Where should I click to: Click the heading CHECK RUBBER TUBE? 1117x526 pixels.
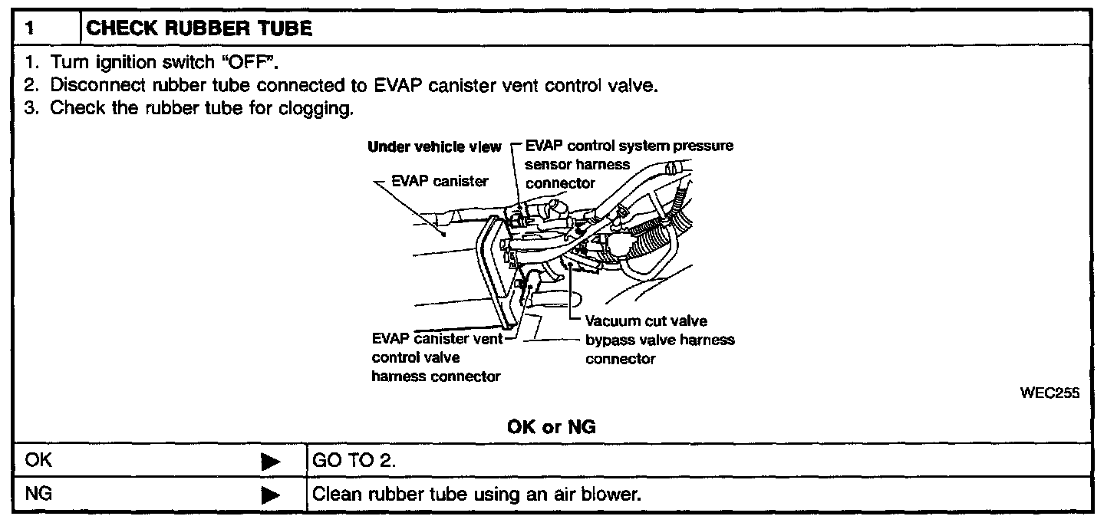coord(199,29)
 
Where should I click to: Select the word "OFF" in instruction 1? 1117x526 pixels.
coord(242,62)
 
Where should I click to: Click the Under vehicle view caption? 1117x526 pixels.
coord(434,146)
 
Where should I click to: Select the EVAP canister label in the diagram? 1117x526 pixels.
coord(440,182)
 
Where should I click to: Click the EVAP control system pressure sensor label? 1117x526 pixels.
coord(629,164)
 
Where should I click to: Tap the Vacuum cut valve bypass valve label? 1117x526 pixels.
coord(660,340)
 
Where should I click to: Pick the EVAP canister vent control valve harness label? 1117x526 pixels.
coord(437,357)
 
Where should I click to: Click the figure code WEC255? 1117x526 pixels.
coord(1049,393)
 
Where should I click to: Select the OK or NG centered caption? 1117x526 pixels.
coord(551,427)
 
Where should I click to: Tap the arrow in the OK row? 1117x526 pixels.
coord(271,462)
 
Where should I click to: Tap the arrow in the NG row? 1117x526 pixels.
coord(271,495)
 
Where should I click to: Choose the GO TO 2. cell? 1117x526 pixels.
coord(354,461)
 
